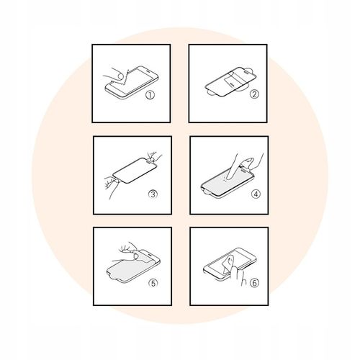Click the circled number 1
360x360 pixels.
[x=150, y=95]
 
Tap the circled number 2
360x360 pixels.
[x=254, y=94]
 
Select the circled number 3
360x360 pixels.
[x=153, y=194]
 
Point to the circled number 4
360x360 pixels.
[x=256, y=194]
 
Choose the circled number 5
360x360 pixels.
[x=153, y=283]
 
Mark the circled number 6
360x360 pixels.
[x=254, y=283]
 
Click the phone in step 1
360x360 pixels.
[x=132, y=82]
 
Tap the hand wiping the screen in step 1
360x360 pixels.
[x=114, y=74]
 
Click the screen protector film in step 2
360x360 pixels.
[x=231, y=81]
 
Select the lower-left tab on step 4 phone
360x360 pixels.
[x=207, y=192]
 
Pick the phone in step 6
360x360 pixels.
[x=230, y=264]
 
